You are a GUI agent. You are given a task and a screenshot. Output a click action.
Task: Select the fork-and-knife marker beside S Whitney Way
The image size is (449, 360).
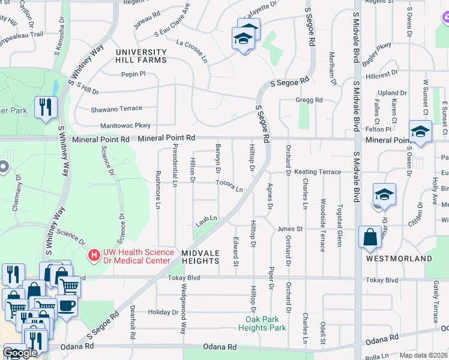click(46, 107)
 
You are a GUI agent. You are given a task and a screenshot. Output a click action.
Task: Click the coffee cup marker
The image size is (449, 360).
click(66, 306)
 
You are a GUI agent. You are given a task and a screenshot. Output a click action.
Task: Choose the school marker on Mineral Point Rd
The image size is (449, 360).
click(420, 132)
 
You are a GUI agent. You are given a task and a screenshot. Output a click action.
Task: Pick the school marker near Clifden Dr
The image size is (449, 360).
click(384, 195)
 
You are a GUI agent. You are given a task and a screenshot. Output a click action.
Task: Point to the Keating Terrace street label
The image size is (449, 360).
click(318, 172)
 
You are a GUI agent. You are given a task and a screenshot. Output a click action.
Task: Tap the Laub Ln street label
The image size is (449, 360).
click(205, 223)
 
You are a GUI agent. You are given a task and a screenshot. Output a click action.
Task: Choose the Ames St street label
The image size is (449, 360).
click(291, 229)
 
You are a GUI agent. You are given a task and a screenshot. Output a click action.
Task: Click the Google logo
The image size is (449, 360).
click(20, 353)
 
